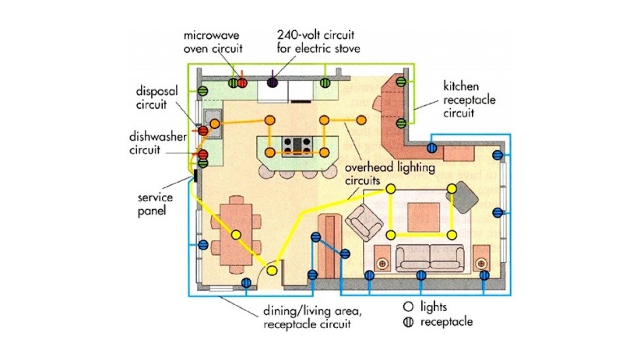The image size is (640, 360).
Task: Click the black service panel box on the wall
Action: click(195, 175)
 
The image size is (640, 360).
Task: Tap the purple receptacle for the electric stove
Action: click(272, 83)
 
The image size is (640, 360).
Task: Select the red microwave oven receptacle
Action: click(242, 83)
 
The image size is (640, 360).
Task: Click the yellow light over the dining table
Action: click(236, 235)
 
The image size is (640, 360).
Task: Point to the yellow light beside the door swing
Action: click(272, 270)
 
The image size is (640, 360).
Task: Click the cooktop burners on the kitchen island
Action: click(297, 146)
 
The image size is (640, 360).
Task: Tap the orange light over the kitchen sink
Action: click(215, 124)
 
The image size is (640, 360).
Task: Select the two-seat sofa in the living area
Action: click(430, 258)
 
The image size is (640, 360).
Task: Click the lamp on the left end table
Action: click(382, 264)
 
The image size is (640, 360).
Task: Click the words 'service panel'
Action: click(155, 204)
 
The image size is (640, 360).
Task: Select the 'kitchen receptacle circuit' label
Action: click(469, 100)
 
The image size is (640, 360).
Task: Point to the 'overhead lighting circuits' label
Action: click(390, 174)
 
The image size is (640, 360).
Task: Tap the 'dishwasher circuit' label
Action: click(158, 143)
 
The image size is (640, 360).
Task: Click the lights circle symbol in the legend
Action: click(408, 307)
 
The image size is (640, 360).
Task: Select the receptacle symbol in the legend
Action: click(408, 322)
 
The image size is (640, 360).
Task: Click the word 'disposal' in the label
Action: click(157, 91)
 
